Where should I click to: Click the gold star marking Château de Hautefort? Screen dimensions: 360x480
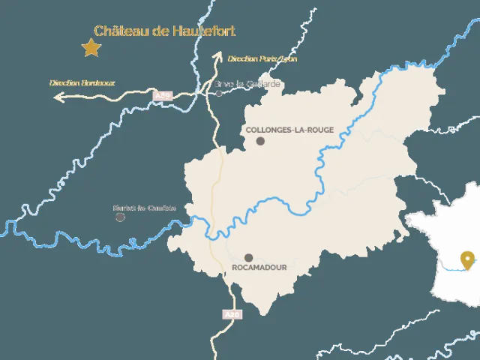pyautogui.click(x=91, y=48)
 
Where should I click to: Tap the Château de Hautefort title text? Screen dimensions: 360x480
pyautogui.click(x=164, y=31)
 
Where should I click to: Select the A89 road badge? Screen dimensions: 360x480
pyautogui.click(x=161, y=96)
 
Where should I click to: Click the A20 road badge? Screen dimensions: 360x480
pyautogui.click(x=232, y=314)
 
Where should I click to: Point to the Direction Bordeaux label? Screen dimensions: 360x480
pyautogui.click(x=82, y=82)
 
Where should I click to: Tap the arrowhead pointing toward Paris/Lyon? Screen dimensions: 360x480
pyautogui.click(x=218, y=55)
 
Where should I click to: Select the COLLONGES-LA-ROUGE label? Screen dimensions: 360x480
pyautogui.click(x=289, y=129)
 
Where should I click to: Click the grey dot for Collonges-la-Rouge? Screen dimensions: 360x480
pyautogui.click(x=260, y=141)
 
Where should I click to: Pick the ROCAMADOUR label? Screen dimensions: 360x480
pyautogui.click(x=259, y=267)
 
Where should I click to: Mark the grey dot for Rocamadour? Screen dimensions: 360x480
pyautogui.click(x=248, y=257)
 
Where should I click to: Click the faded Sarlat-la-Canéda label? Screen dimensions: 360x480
pyautogui.click(x=145, y=208)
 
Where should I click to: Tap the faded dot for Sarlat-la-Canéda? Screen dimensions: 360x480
pyautogui.click(x=120, y=217)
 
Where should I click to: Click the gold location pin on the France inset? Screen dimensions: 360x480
pyautogui.click(x=468, y=259)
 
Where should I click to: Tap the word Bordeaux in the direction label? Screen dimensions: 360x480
pyautogui.click(x=98, y=82)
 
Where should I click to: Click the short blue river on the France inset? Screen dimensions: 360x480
pyautogui.click(x=452, y=268)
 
